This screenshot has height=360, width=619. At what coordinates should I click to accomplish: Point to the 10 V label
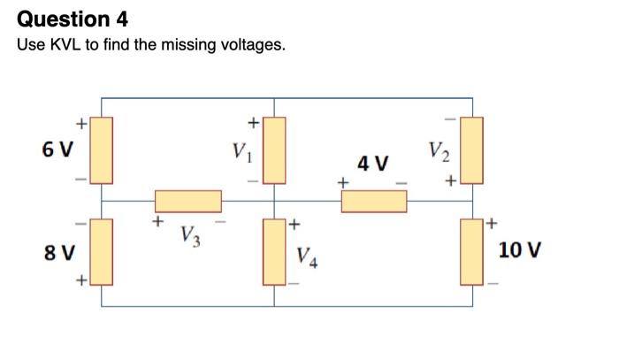[516, 251]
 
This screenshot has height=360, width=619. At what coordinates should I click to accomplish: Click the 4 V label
[373, 164]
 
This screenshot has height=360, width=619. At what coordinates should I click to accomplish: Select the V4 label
[307, 258]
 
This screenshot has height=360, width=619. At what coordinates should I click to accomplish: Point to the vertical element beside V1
[273, 149]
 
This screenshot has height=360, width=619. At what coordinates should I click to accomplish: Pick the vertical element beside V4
[273, 252]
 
